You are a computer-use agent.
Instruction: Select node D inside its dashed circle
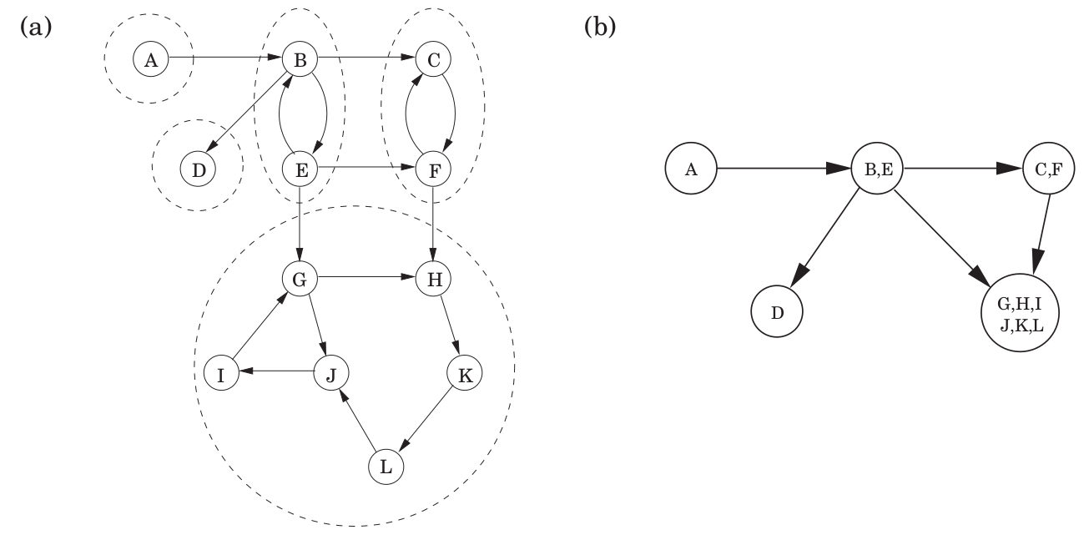click(198, 169)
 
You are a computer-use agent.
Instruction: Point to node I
click(221, 373)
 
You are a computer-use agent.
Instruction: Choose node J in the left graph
click(330, 373)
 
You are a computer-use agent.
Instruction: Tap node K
click(465, 373)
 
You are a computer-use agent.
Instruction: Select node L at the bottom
click(386, 466)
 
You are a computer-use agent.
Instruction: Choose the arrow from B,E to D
click(825, 242)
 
